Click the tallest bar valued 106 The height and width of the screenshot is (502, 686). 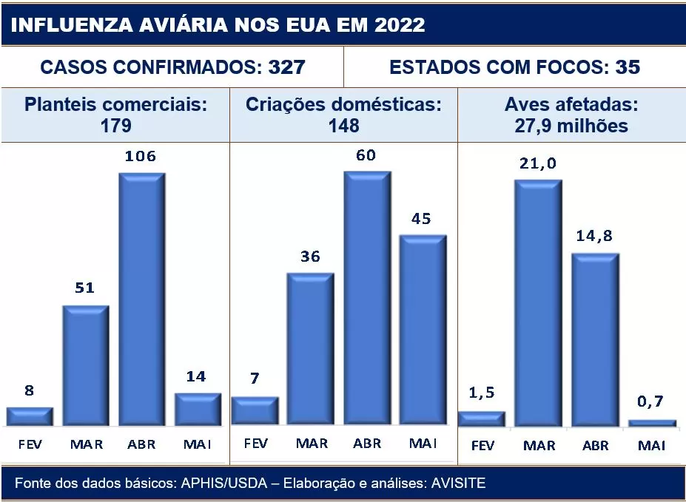point(142,299)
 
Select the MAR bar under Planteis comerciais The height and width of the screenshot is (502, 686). point(85,365)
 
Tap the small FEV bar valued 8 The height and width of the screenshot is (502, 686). point(30,416)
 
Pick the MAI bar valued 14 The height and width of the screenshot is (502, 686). point(198,409)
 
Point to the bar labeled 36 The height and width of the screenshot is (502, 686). point(311,348)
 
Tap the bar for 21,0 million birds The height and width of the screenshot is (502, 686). point(538,302)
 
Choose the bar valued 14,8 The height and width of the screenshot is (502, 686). point(594,339)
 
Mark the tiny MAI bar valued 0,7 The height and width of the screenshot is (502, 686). point(652,423)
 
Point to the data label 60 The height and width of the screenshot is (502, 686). point(366,155)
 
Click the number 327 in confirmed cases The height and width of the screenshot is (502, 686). point(286,67)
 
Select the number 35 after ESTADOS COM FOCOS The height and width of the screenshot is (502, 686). point(628,67)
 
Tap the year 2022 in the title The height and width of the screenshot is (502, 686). point(400,24)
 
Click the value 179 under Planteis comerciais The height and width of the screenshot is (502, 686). point(115,125)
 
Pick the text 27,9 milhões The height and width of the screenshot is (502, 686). point(571,126)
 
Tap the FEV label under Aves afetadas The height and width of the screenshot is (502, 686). point(482,446)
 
